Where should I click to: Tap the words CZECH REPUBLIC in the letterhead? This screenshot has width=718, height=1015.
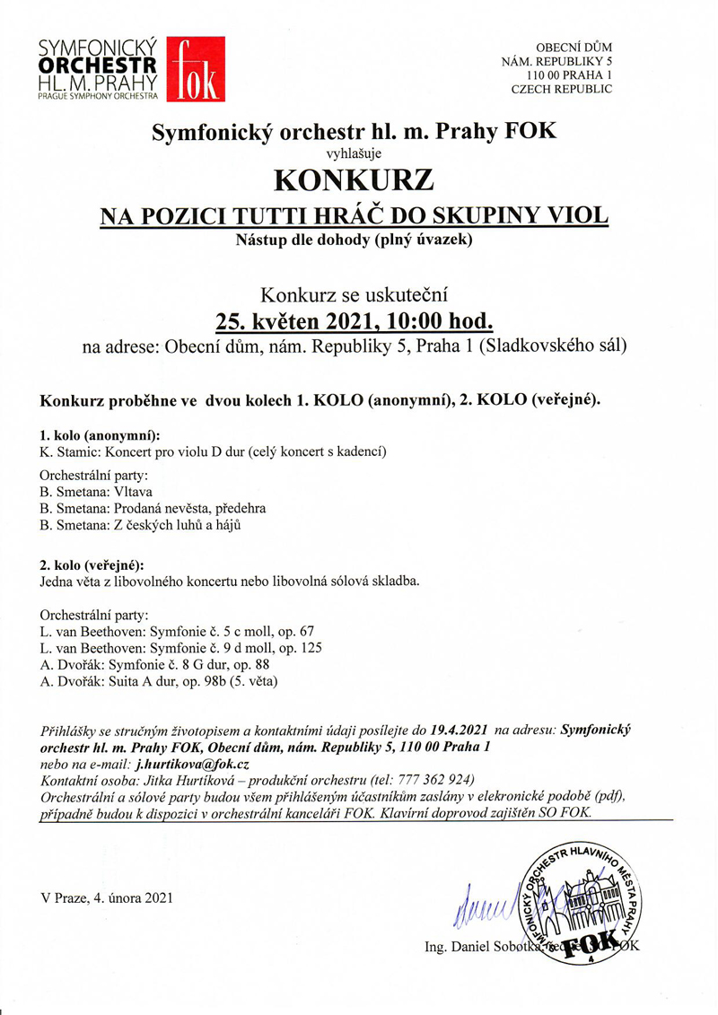point(562,89)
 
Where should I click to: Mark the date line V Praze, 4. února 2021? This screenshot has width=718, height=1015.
point(106,897)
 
